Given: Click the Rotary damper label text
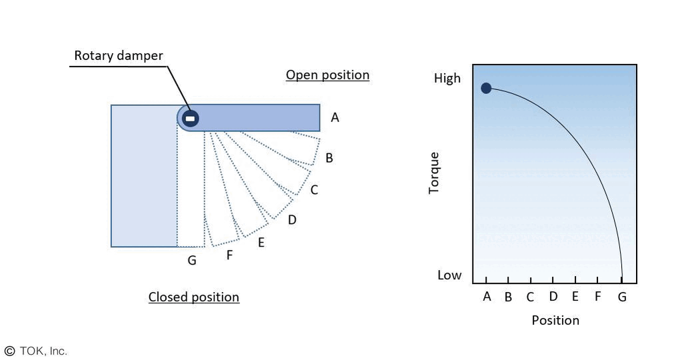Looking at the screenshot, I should pos(118,55).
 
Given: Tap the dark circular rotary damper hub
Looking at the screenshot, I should pos(190,118).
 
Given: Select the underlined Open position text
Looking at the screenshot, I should pos(327,75).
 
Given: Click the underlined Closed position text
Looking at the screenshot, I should pos(193,297).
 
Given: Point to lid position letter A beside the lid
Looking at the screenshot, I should pos(335,118).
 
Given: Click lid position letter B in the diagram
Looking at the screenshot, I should pos(329,158).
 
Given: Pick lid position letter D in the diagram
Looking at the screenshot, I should pos(292,219).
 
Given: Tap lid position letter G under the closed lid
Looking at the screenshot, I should pos(192,261).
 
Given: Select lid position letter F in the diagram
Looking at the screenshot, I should pos(229,254).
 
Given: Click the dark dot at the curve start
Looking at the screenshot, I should pos(486,88).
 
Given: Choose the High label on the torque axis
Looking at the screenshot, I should pos(447,78).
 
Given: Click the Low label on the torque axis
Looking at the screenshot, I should pos(449,275).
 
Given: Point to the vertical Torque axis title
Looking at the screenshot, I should pos(435,173).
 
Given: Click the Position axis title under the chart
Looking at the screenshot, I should pos(555,320).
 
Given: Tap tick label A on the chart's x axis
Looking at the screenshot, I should pos(487,297).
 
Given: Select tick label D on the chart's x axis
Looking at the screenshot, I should pos(553,297).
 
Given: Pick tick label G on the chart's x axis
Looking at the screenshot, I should pos(622,297).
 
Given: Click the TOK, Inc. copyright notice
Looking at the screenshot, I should pos(36,351).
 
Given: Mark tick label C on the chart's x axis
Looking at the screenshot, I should pos(530,297).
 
